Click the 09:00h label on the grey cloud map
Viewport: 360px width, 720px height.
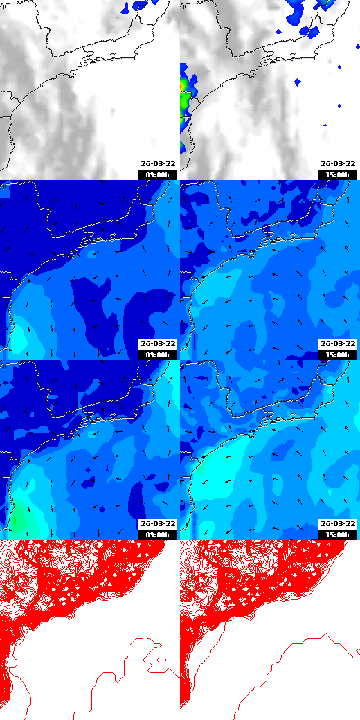point(157,174)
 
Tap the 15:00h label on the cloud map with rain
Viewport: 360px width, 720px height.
point(337,174)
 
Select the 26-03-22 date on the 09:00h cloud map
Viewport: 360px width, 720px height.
point(158,164)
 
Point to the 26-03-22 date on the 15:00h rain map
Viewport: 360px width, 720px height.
point(338,164)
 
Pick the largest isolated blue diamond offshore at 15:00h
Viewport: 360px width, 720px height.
point(297,82)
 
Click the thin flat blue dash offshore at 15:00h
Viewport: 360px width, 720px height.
point(326,125)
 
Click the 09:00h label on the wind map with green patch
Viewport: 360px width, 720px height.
point(157,534)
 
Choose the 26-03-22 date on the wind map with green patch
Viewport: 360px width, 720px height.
point(158,524)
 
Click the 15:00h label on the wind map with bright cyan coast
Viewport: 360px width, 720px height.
point(337,534)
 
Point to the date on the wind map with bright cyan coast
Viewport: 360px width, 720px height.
point(338,524)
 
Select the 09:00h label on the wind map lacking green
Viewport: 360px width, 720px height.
point(157,354)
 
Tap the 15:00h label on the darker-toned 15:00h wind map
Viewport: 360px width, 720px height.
point(337,354)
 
